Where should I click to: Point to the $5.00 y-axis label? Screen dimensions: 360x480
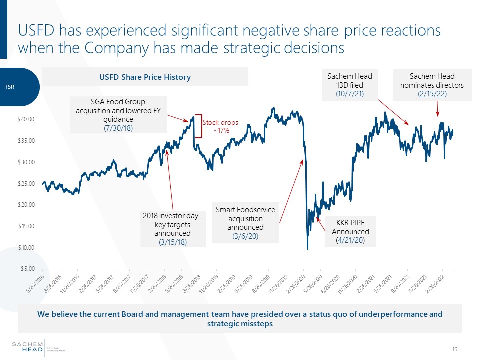28,269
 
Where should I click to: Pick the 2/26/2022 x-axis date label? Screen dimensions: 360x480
438,283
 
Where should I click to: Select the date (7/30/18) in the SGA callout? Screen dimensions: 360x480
118,128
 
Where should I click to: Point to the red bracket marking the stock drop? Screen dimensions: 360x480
199,127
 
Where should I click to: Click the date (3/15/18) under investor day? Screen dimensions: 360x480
172,242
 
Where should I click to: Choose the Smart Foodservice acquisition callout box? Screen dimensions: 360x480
245,222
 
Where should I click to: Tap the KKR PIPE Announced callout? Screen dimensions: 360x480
350,231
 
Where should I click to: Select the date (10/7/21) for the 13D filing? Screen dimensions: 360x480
350,94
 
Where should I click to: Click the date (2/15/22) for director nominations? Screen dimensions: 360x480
432,94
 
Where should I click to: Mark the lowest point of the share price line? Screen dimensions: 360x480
307,248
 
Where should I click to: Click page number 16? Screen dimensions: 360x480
454,349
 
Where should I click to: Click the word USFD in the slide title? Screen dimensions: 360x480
37,31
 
